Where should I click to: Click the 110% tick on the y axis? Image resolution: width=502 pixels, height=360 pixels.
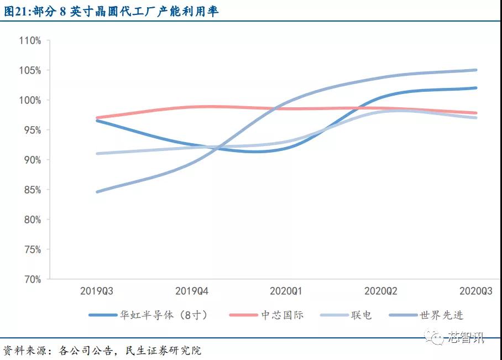click(30, 40)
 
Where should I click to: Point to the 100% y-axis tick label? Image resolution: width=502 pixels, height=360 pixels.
click(30, 100)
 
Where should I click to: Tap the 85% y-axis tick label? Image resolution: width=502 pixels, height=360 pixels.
click(32, 190)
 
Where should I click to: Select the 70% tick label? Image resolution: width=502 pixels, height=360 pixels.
click(32, 279)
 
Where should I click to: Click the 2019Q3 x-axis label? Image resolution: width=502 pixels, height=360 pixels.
click(97, 290)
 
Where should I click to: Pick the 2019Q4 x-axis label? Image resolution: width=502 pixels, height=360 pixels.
click(191, 290)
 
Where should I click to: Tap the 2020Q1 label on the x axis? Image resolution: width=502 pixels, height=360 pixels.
click(286, 290)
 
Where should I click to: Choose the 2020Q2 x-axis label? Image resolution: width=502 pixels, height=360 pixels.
click(381, 290)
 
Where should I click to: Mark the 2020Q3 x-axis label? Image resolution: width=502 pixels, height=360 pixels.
click(475, 290)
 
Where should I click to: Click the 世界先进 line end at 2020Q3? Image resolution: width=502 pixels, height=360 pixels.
click(476, 70)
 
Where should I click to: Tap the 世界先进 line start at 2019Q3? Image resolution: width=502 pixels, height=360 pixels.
click(97, 192)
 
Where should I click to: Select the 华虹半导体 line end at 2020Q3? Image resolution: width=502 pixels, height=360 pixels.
click(476, 88)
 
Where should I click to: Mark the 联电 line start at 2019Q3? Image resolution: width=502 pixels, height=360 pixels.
click(97, 154)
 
